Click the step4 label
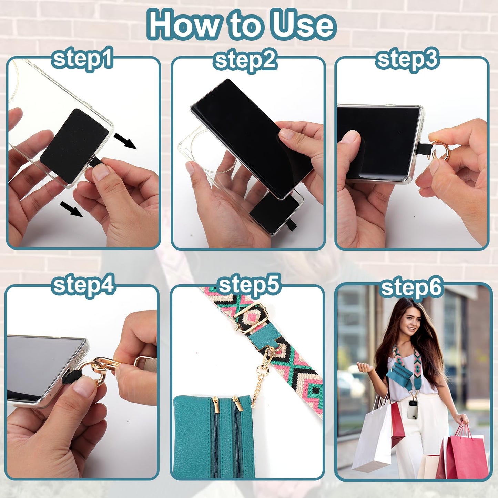(x=83, y=287)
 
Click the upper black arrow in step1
(x=125, y=141)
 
